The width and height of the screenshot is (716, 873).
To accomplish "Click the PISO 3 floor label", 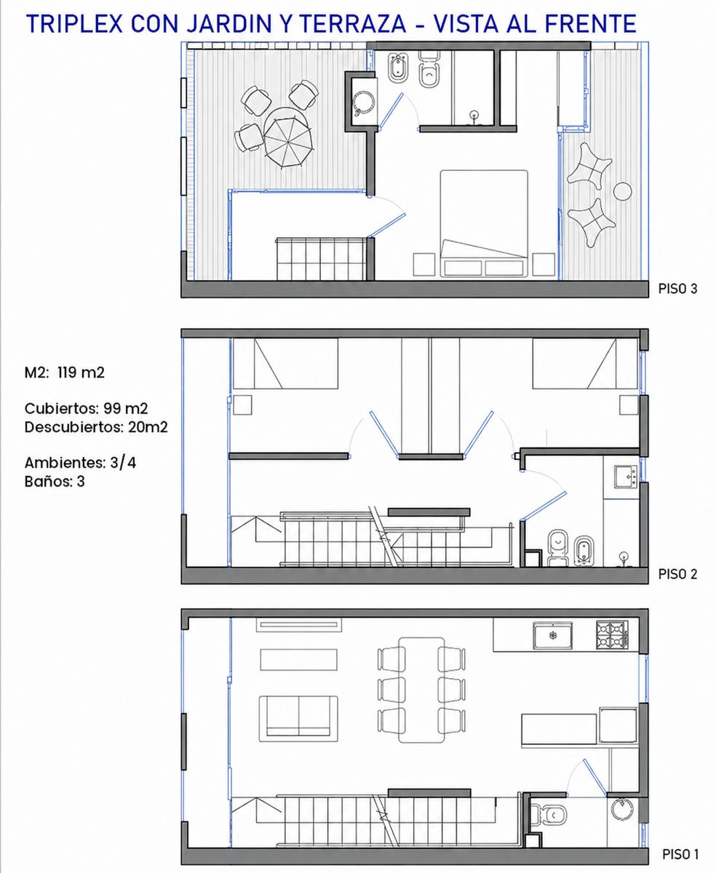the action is coord(677,289).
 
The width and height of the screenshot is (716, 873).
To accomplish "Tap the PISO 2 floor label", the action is coord(677,574).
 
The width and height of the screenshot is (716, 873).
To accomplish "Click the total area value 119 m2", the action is coord(81,372).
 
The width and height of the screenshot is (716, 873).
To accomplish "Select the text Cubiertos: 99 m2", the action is coord(86,409).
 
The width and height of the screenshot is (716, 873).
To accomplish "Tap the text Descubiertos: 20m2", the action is coord(96,427).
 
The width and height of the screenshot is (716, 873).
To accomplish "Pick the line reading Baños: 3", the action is coord(55,482).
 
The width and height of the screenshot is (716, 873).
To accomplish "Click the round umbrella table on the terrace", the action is coord(289,138).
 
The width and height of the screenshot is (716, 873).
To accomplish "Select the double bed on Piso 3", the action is coord(484,223).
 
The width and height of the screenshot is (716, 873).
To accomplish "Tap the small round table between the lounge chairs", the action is coord(622,191).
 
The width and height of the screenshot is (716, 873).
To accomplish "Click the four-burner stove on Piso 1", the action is coord(612,634).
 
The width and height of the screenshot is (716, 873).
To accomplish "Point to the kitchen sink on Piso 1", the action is coord(553,635).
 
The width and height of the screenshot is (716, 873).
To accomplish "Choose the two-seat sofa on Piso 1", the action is coord(298,719).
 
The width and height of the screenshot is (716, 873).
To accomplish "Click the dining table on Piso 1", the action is coord(421,690).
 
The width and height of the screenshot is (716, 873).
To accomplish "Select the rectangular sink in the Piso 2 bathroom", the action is coord(626,477).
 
